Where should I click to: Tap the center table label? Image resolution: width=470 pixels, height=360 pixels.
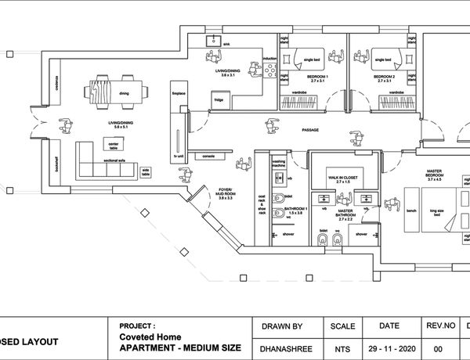coord(113,145)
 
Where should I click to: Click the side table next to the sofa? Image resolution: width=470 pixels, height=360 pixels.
coord(146,171)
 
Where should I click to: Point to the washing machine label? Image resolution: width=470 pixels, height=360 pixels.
coord(278,164)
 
